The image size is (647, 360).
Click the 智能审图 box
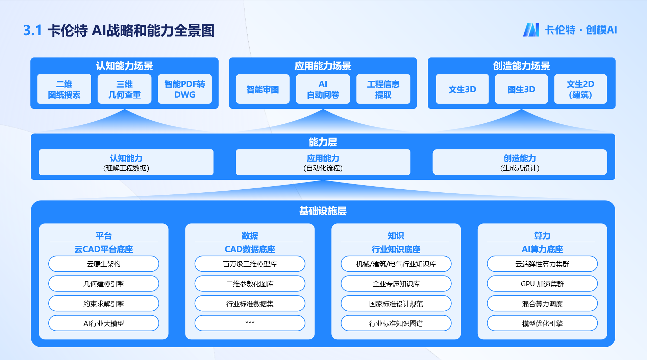pyautogui.click(x=263, y=89)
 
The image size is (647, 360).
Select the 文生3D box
pyautogui.click(x=462, y=89)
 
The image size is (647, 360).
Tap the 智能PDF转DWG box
pyautogui.click(x=184, y=89)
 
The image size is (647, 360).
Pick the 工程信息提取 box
pyautogui.click(x=383, y=89)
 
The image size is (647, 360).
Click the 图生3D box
pyautogui.click(x=521, y=89)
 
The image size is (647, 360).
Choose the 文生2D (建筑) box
pyautogui.click(x=580, y=89)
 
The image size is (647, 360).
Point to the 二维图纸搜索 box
pyautogui.click(x=64, y=89)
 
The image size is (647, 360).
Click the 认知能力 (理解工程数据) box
pyautogui.click(x=126, y=162)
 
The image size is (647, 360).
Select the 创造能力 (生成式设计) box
pyautogui.click(x=520, y=162)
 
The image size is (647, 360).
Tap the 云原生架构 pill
pyautogui.click(x=104, y=264)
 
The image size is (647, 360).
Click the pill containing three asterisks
pyautogui.click(x=250, y=323)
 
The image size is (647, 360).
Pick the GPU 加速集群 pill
pyautogui.click(x=542, y=284)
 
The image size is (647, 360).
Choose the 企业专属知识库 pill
pyautogui.click(x=396, y=284)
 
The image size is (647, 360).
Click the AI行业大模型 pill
pyautogui.click(x=104, y=323)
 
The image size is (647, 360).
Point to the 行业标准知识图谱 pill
pyautogui.click(x=396, y=323)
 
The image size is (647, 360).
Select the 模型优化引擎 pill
pyautogui.click(x=542, y=323)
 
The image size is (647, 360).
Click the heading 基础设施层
pyautogui.click(x=323, y=211)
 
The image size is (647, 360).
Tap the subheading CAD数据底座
pyautogui.click(x=250, y=249)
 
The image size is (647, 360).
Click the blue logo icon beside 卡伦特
pyautogui.click(x=531, y=30)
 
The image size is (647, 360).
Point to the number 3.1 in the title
pyautogui.click(x=32, y=30)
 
